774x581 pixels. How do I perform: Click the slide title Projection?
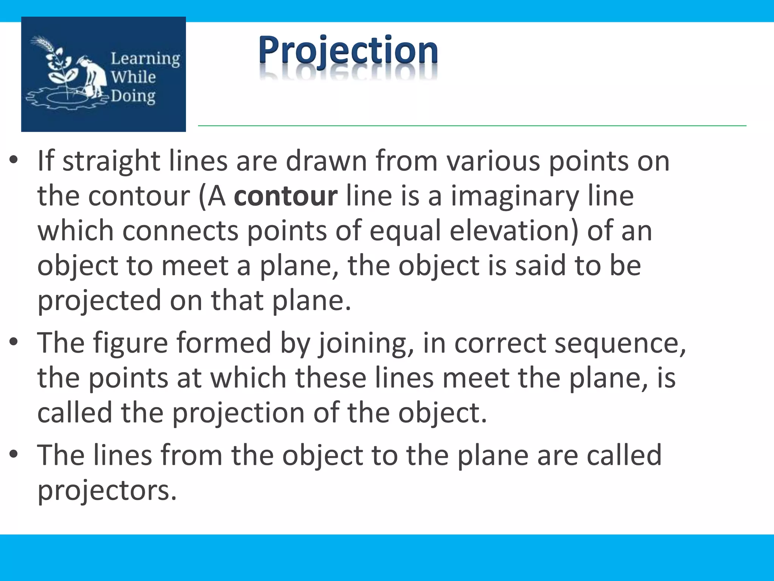point(348,51)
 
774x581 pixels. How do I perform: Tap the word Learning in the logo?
point(145,59)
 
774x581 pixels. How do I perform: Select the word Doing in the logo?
point(133,96)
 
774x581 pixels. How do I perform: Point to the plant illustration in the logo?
point(60,66)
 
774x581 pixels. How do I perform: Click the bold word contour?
point(285,196)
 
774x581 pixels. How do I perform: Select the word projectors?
point(107,490)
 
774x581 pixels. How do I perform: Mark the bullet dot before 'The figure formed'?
point(14,343)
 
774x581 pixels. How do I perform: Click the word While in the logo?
point(133,77)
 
